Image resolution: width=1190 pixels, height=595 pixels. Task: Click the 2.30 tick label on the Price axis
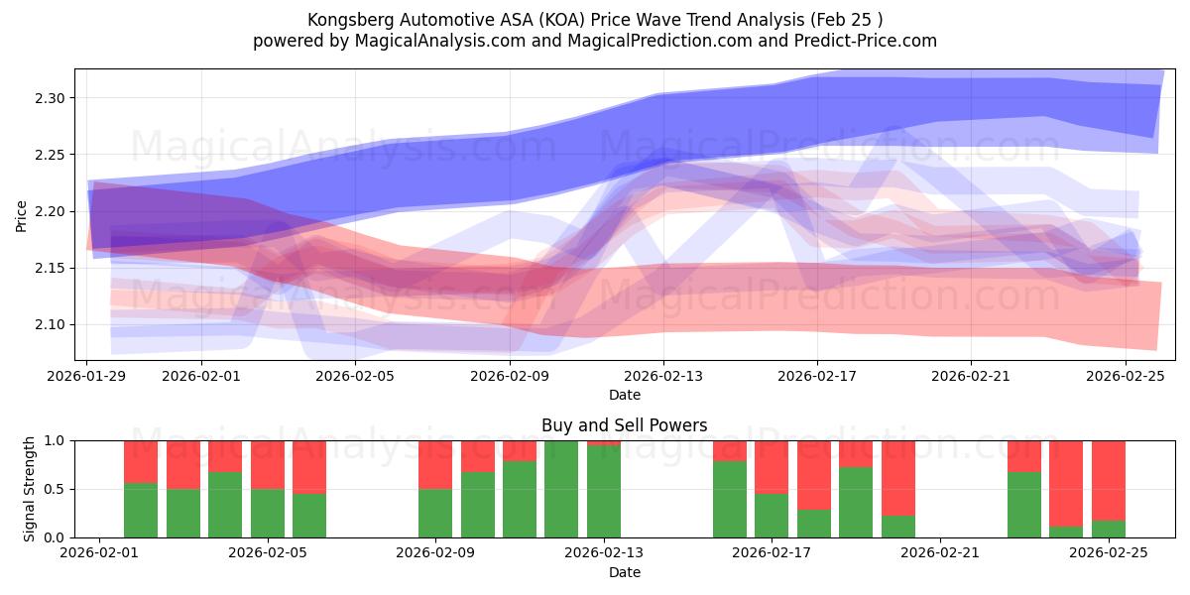pyautogui.click(x=50, y=98)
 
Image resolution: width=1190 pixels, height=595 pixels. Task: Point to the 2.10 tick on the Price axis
pyautogui.click(x=50, y=325)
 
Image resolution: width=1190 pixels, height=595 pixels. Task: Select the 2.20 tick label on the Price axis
pyautogui.click(x=50, y=212)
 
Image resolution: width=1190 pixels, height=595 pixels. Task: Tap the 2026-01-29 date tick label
pyautogui.click(x=87, y=376)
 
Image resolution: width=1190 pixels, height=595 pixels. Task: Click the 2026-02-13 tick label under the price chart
pyautogui.click(x=663, y=376)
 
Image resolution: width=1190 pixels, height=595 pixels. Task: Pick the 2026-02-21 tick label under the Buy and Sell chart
pyautogui.click(x=939, y=553)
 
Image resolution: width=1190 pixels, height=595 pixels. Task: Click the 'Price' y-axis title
pyautogui.click(x=21, y=214)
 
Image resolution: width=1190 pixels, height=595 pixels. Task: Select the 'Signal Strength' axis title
pyautogui.click(x=30, y=489)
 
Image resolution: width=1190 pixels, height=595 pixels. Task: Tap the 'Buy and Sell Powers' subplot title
pyautogui.click(x=624, y=425)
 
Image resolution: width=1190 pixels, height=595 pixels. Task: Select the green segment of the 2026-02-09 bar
pyautogui.click(x=435, y=513)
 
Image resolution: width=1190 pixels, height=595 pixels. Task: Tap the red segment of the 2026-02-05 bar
pyautogui.click(x=309, y=466)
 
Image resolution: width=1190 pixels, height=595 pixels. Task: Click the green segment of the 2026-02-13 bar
pyautogui.click(x=603, y=491)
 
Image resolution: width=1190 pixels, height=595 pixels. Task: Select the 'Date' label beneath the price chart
pyautogui.click(x=624, y=395)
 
